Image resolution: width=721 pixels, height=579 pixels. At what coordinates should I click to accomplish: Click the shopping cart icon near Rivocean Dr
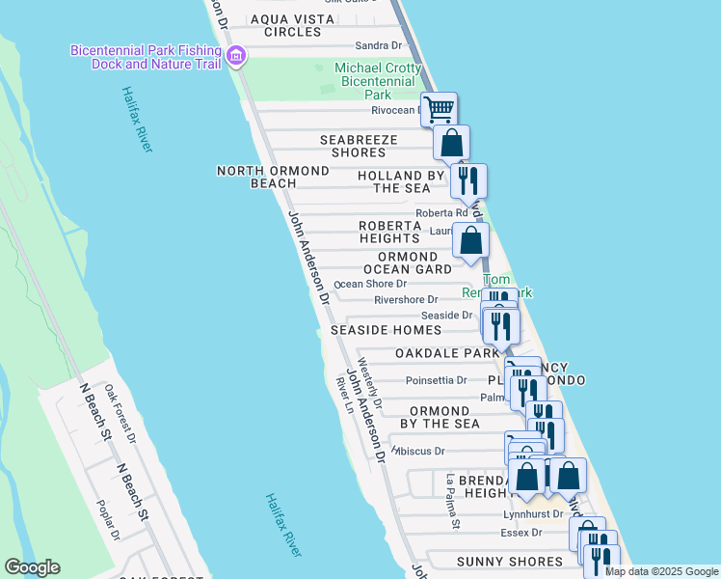[439, 108]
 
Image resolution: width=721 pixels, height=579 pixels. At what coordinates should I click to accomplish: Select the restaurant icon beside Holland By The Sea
[468, 179]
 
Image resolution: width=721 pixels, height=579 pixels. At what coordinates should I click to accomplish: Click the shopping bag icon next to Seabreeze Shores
[451, 143]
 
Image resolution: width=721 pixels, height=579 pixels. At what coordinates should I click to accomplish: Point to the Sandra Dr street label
[378, 45]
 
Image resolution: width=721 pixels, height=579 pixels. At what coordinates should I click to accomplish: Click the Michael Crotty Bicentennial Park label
[377, 81]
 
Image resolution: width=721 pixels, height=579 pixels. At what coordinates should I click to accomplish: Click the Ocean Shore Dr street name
[371, 284]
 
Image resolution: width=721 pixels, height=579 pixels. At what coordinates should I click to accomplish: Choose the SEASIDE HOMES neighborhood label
[386, 330]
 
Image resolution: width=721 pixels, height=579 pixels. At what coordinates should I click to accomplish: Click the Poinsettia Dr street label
[436, 380]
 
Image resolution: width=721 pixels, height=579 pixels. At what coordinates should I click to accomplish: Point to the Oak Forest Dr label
[121, 413]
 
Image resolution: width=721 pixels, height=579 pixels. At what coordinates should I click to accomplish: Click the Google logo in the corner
[32, 567]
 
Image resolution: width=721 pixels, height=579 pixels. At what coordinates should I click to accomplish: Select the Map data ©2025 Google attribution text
[661, 571]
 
